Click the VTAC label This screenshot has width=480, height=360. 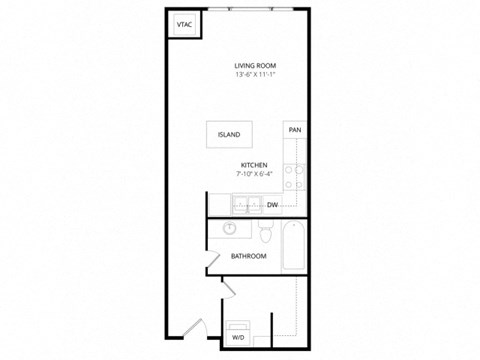tap(184, 23)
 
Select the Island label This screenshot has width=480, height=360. tap(228, 135)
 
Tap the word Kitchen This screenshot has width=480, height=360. tap(252, 165)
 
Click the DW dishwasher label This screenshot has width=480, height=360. tap(272, 205)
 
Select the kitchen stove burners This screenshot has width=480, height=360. tap(294, 176)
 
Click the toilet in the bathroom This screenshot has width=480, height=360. tap(263, 235)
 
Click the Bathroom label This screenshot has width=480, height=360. tap(248, 257)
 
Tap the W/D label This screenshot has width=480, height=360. tap(239, 339)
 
